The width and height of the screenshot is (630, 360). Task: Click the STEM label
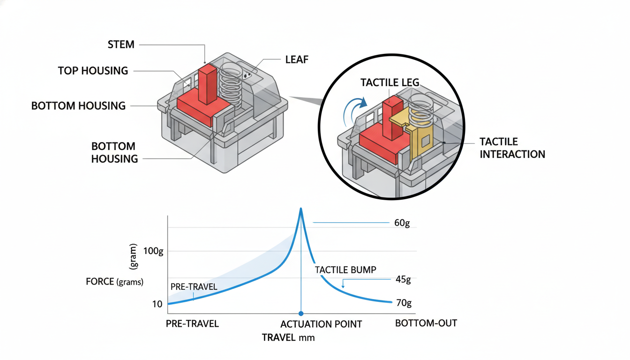click(121, 45)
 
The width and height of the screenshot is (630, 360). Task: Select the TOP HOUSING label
click(93, 71)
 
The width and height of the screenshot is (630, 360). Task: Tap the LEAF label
click(296, 60)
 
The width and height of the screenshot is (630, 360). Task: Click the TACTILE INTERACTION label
click(512, 148)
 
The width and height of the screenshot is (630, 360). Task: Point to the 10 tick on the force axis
click(157, 304)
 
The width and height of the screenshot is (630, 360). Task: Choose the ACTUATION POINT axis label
click(321, 324)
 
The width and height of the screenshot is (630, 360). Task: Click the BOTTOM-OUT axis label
click(426, 323)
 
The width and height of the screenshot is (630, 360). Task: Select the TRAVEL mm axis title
click(288, 337)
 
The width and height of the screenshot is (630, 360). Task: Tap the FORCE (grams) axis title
click(115, 282)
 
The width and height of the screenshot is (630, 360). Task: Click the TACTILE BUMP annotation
click(345, 270)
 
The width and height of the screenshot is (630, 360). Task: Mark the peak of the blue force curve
click(301, 210)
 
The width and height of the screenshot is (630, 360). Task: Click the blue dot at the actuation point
click(301, 314)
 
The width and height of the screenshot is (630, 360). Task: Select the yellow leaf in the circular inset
click(419, 136)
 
